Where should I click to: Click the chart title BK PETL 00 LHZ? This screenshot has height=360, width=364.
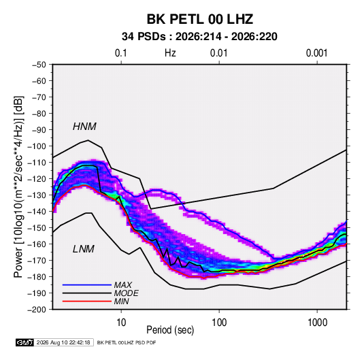pos(199,19)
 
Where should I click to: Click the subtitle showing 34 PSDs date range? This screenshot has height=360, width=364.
pos(199,37)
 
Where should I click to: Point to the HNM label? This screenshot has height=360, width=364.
pos(84,127)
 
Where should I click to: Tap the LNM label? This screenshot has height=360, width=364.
pos(84,249)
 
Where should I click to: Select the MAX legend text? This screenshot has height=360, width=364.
pos(122,285)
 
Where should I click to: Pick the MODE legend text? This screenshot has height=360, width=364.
pos(127,293)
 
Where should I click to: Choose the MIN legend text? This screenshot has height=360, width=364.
pos(121,301)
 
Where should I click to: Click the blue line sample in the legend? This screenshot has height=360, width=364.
pos(87,285)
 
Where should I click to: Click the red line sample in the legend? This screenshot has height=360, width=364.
pos(87,301)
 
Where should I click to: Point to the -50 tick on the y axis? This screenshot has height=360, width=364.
pos(39,65)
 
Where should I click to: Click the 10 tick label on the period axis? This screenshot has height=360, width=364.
pos(121,323)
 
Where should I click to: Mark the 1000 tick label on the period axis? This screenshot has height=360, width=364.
pos(317,323)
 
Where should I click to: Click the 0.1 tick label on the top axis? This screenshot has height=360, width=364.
pos(121,53)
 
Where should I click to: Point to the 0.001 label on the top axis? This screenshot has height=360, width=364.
pos(316,53)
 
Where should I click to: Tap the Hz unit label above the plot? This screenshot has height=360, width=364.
pos(170,53)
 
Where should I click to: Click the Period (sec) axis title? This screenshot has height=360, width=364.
pos(170,330)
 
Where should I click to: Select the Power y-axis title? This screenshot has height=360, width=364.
pos(18,186)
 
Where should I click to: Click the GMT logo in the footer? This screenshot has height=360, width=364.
pos(25,342)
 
